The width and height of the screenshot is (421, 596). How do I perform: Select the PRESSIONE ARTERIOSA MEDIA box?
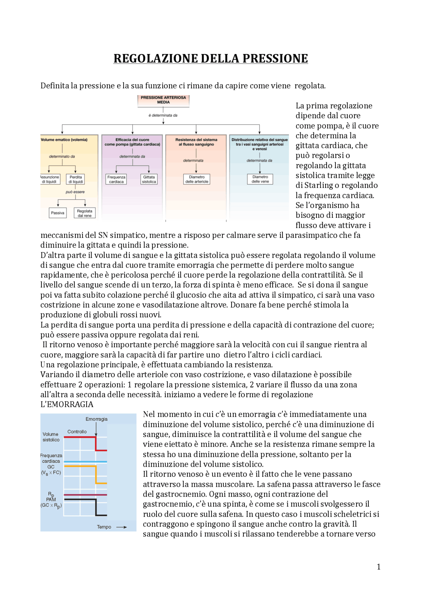pyautogui.click(x=163, y=100)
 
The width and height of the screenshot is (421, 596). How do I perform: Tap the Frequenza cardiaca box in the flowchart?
pyautogui.click(x=116, y=179)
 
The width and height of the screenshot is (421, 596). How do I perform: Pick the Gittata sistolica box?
pyautogui.click(x=149, y=179)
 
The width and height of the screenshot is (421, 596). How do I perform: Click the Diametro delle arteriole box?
pyautogui.click(x=197, y=179)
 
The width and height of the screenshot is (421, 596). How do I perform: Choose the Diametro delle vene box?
pyautogui.click(x=260, y=179)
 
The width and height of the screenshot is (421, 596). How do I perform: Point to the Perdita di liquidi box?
pyautogui.click(x=76, y=179)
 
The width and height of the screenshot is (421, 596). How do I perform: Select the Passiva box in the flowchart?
pyautogui.click(x=58, y=213)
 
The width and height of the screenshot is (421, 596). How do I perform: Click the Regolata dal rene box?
pyautogui.click(x=85, y=213)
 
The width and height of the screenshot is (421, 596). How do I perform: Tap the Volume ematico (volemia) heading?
pyautogui.click(x=64, y=140)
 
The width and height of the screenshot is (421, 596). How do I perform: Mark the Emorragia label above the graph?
pyautogui.click(x=96, y=419)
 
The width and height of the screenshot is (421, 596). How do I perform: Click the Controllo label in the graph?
pyautogui.click(x=77, y=431)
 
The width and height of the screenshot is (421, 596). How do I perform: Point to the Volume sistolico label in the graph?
pyautogui.click(x=51, y=437)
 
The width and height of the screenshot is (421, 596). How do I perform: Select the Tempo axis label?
pyautogui.click(x=104, y=527)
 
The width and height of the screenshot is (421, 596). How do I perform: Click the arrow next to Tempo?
pyautogui.click(x=121, y=527)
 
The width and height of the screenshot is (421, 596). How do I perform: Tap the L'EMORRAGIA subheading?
pyautogui.click(x=67, y=404)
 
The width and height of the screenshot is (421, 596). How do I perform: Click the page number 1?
pyautogui.click(x=379, y=567)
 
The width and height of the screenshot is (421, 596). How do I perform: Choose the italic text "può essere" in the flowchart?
pyautogui.click(x=75, y=192)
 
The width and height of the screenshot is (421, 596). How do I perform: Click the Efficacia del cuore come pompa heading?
pyautogui.click(x=132, y=142)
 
